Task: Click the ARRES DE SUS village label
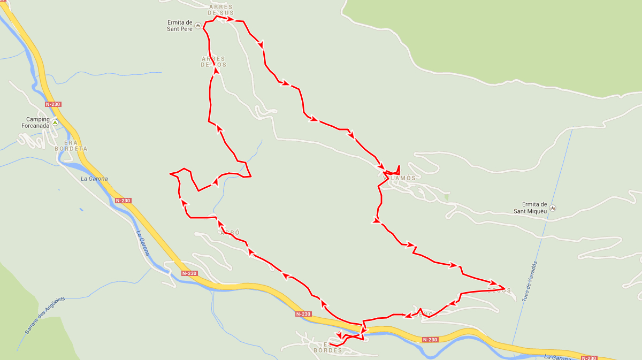click(221, 10)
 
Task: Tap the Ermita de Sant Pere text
click(179, 26)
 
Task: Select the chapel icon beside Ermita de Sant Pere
click(197, 26)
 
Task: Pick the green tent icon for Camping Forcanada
click(55, 123)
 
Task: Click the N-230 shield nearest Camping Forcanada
click(53, 105)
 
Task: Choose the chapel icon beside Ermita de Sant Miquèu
click(553, 208)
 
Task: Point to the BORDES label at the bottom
click(327, 350)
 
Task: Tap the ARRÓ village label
click(230, 233)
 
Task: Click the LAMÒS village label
click(403, 178)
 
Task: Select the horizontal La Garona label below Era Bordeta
click(94, 179)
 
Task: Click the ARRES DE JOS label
click(213, 62)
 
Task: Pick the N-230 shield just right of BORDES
click(430, 340)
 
